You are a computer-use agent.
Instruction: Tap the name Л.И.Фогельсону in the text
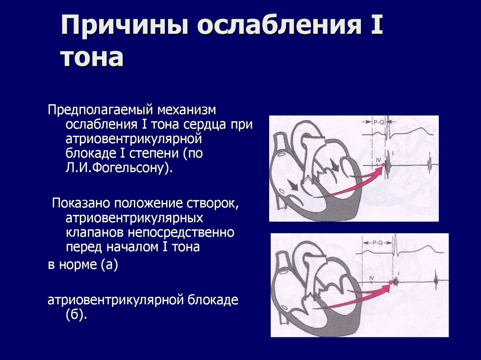click(119, 169)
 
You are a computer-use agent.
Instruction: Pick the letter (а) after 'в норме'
click(109, 264)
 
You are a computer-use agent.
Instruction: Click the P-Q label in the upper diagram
click(379, 122)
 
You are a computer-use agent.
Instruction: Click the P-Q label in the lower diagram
click(377, 243)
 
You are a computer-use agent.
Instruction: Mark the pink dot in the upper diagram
click(383, 165)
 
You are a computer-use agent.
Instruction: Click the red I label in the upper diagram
click(393, 153)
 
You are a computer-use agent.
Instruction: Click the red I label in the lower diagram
click(398, 273)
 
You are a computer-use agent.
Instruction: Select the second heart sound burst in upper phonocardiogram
click(429, 165)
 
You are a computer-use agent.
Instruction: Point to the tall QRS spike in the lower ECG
click(395, 244)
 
